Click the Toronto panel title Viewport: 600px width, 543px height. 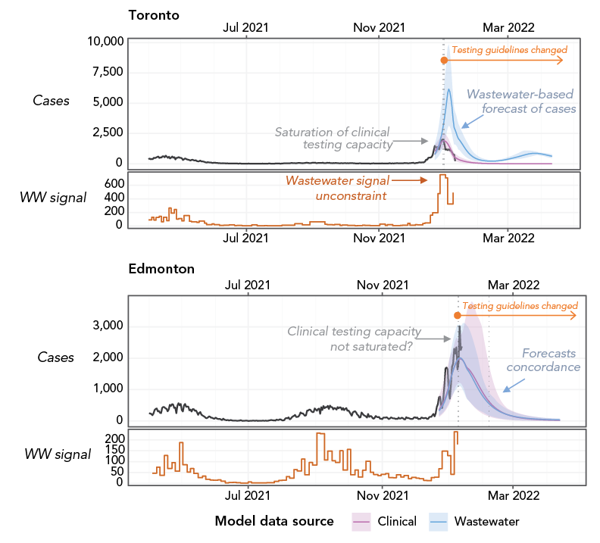[154, 14]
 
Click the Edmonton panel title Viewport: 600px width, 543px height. [161, 269]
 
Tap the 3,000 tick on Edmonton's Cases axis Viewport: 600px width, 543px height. [109, 326]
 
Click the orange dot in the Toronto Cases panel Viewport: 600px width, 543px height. [443, 60]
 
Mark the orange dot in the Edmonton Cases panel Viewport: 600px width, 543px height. [457, 315]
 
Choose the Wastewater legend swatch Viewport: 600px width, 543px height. [439, 521]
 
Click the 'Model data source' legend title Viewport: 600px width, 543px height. [274, 521]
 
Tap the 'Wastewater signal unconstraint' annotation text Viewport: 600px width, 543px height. [337, 188]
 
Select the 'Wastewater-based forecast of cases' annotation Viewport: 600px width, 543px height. [520, 101]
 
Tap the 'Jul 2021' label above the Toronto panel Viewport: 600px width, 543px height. [245, 27]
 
